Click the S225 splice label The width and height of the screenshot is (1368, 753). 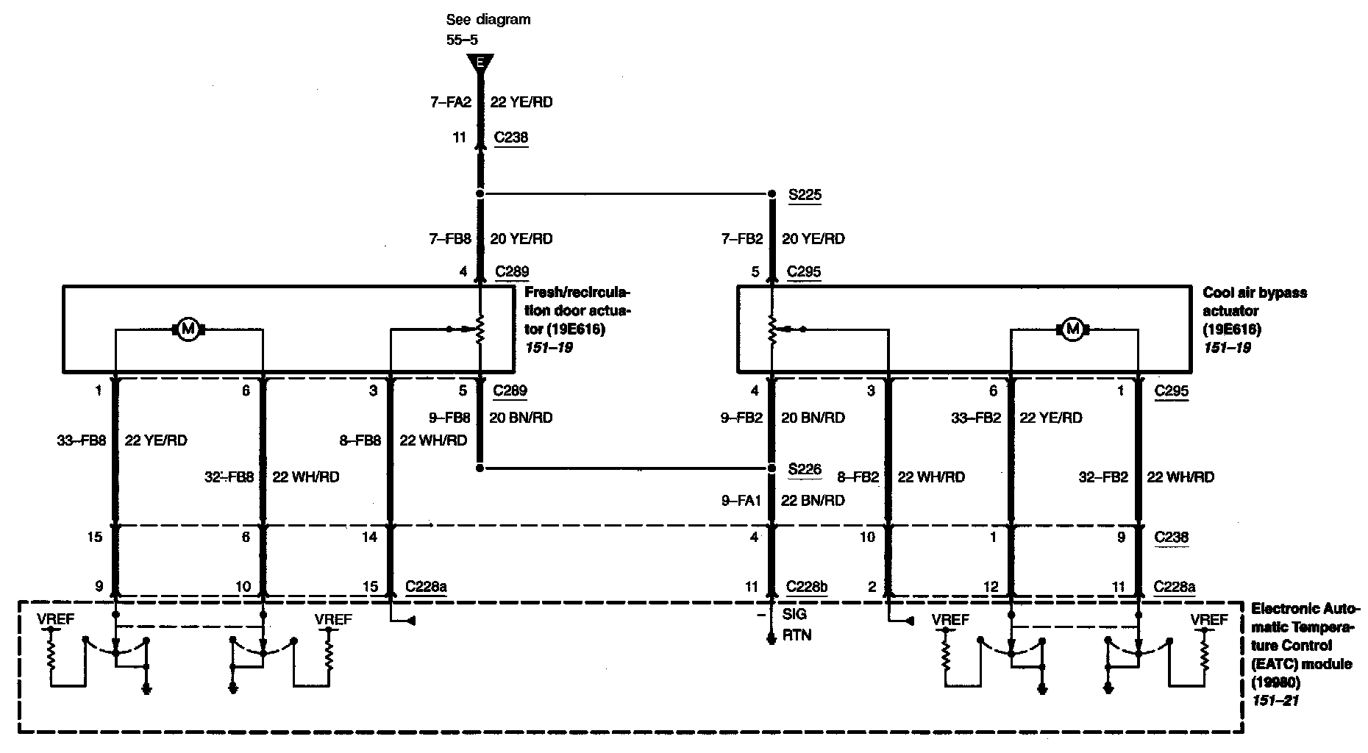pos(804,195)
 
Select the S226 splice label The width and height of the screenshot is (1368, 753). pos(804,468)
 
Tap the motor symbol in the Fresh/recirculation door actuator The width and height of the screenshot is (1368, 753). pos(188,329)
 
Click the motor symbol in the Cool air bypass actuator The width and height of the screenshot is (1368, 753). pos(1072,329)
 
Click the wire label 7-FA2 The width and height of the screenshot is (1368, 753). pos(450,102)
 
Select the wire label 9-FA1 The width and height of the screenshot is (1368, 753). pos(741,500)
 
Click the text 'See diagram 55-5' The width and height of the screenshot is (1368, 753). pos(488,29)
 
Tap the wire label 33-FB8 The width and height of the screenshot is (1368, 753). pos(81,440)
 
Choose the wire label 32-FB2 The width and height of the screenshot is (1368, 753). pos(1102,477)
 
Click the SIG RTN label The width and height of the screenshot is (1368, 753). pos(795,624)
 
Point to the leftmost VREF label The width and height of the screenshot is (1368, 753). pos(56,619)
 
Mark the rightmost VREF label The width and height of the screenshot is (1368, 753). pos(1209,619)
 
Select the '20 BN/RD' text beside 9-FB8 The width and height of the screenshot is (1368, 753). pos(521,417)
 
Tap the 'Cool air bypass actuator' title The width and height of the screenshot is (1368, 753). pos(1255,301)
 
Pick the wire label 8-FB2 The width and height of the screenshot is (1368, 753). pos(858,477)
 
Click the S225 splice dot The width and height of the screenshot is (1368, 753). pos(772,194)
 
